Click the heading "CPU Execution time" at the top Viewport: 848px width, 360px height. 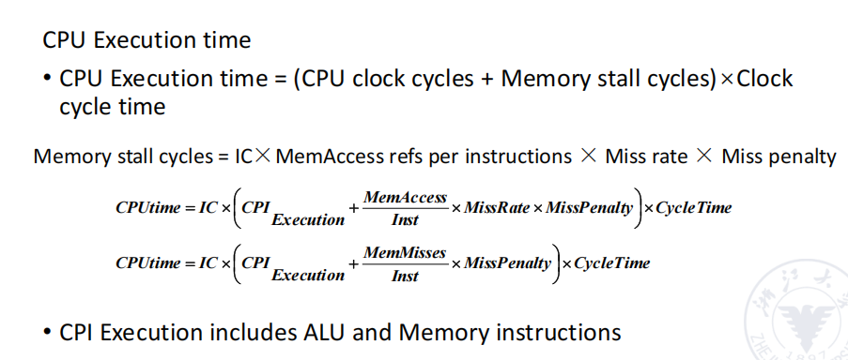[146, 40]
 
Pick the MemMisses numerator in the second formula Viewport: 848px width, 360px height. [405, 253]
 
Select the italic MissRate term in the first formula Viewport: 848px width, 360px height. [496, 207]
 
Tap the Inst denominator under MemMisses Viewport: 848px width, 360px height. [405, 276]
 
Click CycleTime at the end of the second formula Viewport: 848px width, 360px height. [611, 263]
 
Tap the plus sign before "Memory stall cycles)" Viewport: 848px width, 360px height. [487, 80]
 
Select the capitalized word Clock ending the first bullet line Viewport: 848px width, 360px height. [764, 79]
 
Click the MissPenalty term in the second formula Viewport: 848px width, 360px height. [507, 263]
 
